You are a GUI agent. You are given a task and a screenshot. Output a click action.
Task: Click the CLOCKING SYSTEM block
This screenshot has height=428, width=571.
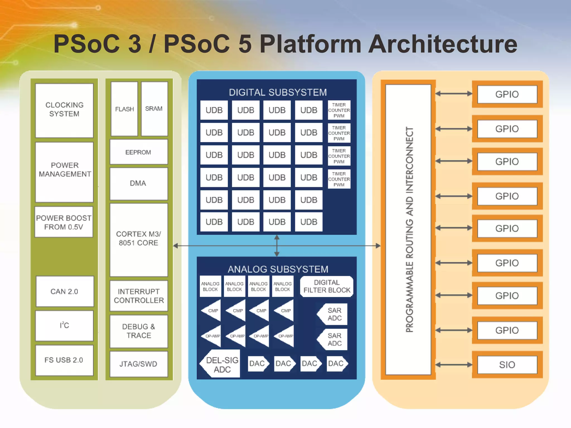click(x=64, y=110)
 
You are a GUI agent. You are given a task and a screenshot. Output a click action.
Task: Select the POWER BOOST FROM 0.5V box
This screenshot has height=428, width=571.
click(x=64, y=222)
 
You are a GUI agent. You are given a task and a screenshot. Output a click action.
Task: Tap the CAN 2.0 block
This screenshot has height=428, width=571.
click(x=64, y=291)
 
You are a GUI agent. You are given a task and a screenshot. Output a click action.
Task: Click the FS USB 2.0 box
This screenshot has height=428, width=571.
click(x=64, y=360)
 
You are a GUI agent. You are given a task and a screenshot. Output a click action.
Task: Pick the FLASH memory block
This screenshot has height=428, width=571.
click(x=124, y=109)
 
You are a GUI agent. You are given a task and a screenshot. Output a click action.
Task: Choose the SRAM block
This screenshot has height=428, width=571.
click(x=154, y=109)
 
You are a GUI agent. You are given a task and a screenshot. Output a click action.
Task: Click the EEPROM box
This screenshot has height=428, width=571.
click(x=138, y=152)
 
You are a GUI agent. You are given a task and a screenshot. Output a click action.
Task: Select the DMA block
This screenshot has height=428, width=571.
click(x=138, y=183)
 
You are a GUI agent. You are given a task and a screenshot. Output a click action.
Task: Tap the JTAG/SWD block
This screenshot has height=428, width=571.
click(x=139, y=364)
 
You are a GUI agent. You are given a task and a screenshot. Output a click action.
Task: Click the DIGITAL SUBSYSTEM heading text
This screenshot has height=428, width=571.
click(x=278, y=92)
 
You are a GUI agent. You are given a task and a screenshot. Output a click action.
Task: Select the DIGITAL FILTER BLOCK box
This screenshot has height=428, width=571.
click(x=326, y=286)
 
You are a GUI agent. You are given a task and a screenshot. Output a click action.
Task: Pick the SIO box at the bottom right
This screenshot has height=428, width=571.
click(x=507, y=364)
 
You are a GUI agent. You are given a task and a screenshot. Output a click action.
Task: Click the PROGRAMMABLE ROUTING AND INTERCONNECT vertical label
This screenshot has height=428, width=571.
click(x=409, y=230)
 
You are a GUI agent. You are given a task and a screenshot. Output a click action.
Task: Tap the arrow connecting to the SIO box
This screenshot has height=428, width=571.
click(x=454, y=364)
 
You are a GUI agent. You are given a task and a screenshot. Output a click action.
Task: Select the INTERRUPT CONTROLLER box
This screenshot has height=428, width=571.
click(x=139, y=296)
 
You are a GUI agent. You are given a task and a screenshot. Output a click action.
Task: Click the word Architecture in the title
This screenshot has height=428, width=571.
click(x=443, y=44)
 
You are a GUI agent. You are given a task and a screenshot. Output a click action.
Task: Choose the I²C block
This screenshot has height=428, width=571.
click(x=64, y=325)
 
